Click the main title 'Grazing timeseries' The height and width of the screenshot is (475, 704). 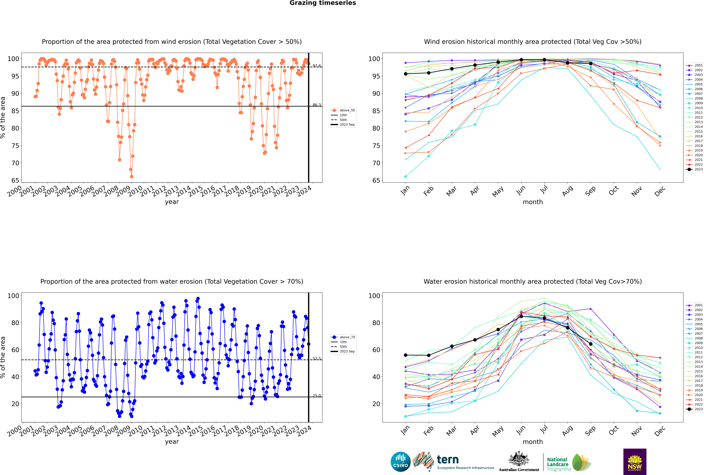pos(323,3)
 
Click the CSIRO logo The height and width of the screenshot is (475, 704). pos(400,462)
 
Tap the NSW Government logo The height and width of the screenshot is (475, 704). pos(635,462)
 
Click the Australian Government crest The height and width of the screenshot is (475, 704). pos(519,459)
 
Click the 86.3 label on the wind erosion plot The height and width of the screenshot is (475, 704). pos(317,105)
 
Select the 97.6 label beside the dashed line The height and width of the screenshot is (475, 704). pos(317,66)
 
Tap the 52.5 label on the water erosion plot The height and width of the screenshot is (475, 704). pos(317,358)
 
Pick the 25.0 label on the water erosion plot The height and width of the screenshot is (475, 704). pos(317,396)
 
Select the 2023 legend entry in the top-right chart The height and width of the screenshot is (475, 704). pos(695,169)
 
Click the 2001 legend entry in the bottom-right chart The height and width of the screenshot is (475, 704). pos(695,305)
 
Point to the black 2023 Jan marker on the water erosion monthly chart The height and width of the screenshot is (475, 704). pos(406,355)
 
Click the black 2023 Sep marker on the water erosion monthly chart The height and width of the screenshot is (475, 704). pos(591,344)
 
